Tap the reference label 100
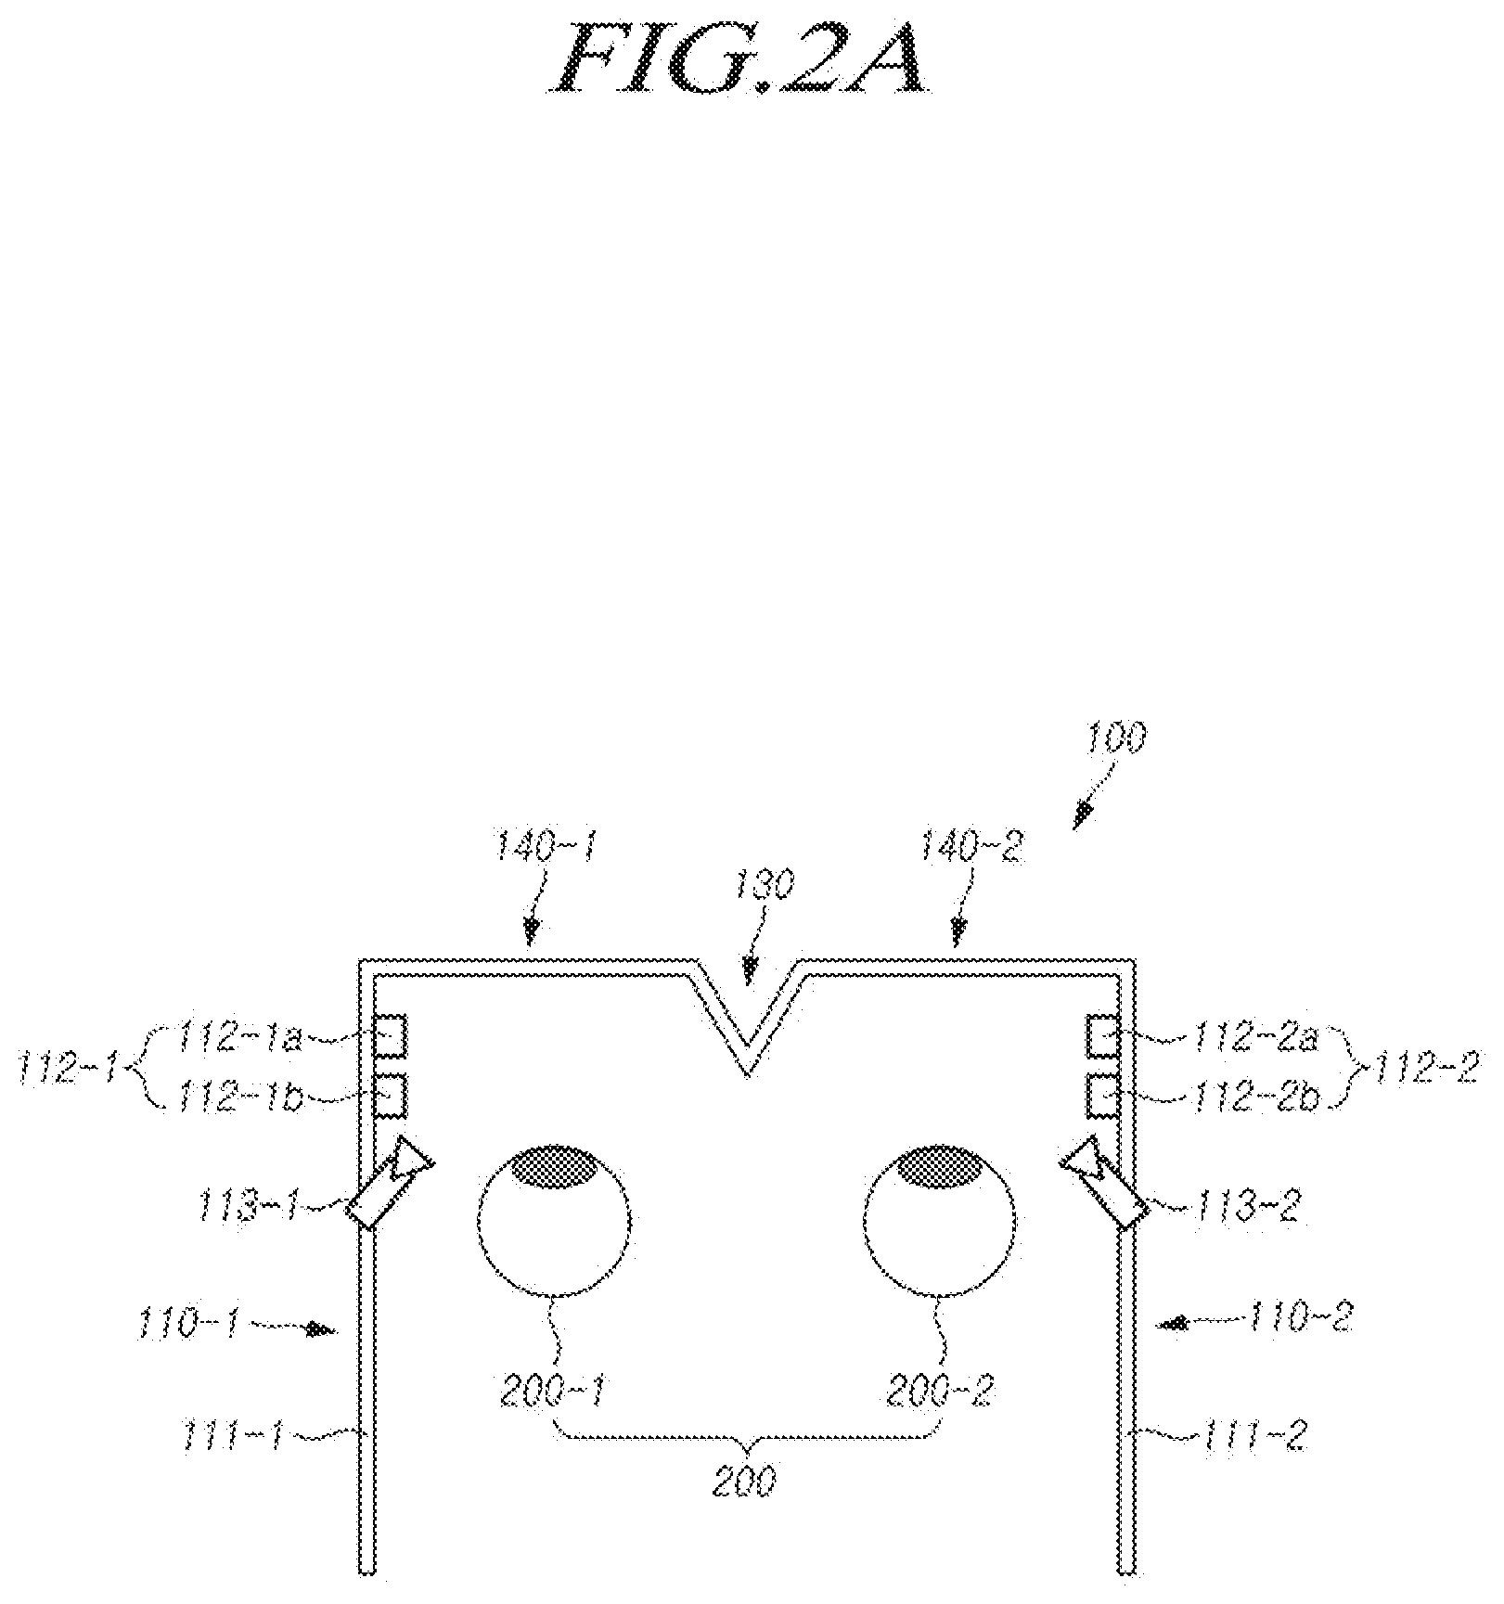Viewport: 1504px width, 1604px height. (x=1116, y=738)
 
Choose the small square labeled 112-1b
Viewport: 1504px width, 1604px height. (x=390, y=1094)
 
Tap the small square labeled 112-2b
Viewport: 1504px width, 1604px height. (x=1103, y=1094)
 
